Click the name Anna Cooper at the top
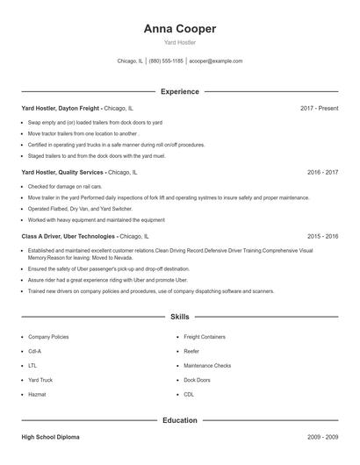[x=180, y=28]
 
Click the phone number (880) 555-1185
[x=166, y=61]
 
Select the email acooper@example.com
[x=215, y=61]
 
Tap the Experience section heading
[x=180, y=91]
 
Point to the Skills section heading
[x=180, y=316]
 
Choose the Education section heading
[x=180, y=420]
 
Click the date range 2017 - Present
[x=319, y=108]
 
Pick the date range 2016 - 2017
[x=322, y=173]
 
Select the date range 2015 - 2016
[x=322, y=237]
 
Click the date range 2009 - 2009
[x=322, y=436]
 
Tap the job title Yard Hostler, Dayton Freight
[x=61, y=108]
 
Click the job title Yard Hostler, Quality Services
[x=62, y=173]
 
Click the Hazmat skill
[x=37, y=394]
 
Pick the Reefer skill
[x=192, y=351]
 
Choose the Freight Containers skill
[x=205, y=337]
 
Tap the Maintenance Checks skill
[x=207, y=365]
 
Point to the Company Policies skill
[x=49, y=337]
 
